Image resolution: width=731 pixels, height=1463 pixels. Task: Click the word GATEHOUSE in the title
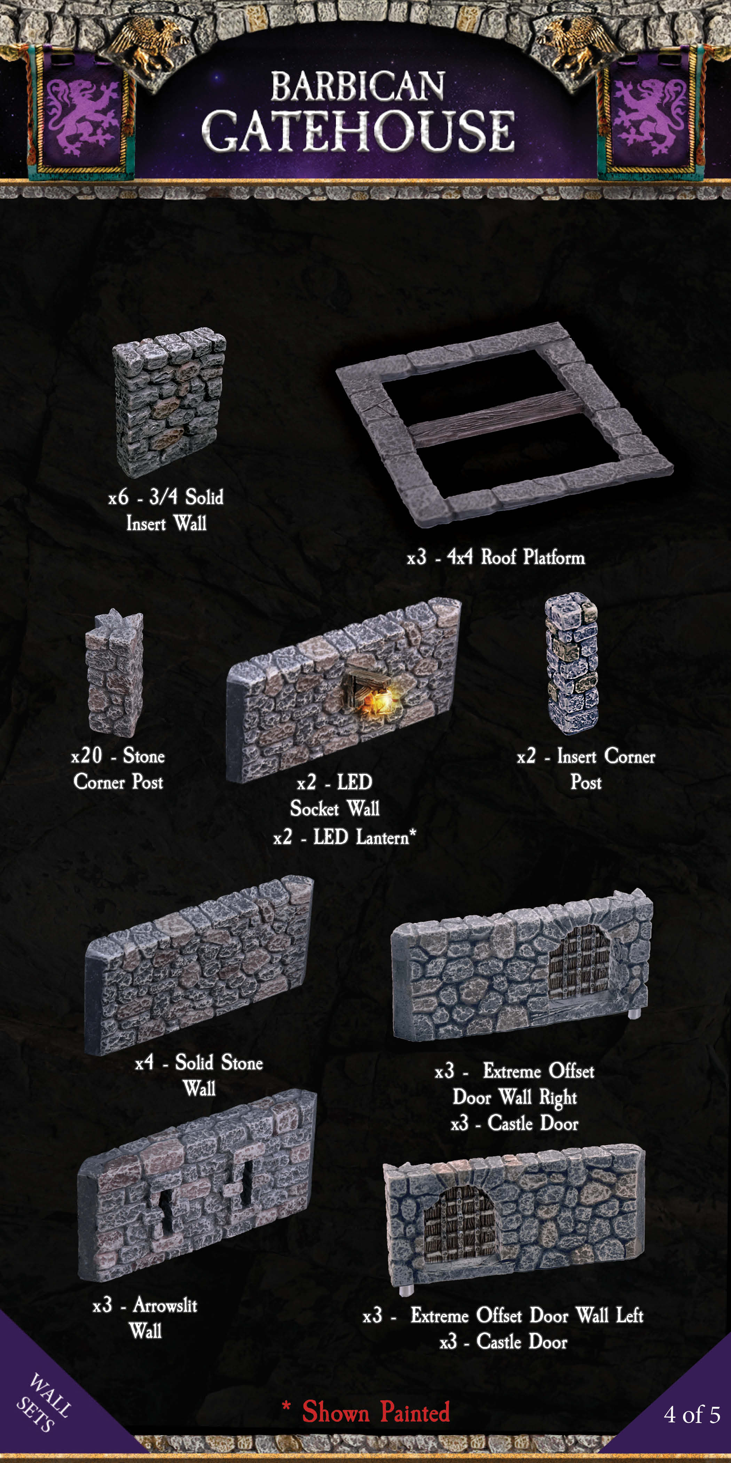(x=358, y=131)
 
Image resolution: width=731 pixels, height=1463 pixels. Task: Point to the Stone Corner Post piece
(x=115, y=674)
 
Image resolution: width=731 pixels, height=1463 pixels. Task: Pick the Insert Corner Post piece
(x=572, y=663)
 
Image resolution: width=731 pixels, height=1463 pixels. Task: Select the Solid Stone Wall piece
(x=199, y=965)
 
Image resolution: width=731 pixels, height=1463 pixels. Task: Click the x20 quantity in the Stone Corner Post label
(x=87, y=756)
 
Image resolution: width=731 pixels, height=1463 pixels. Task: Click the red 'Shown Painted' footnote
(x=376, y=1412)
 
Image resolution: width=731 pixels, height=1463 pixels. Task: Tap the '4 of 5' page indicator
(x=692, y=1415)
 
